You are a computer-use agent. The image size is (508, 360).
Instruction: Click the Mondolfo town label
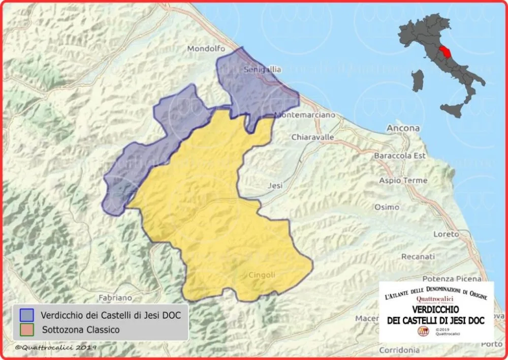[x=206, y=49]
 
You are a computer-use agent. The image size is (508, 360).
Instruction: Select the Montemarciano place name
[x=305, y=115]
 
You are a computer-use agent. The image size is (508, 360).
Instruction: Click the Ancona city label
[x=403, y=128]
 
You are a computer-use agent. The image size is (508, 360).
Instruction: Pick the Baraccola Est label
[x=399, y=156]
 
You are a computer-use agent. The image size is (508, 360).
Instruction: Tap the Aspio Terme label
[x=402, y=181]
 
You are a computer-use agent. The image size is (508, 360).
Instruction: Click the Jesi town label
[x=275, y=186]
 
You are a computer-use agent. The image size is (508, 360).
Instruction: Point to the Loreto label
[x=446, y=234]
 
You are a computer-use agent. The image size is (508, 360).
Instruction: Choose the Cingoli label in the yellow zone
[x=262, y=275]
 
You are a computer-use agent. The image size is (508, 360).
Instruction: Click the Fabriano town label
[x=116, y=297]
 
